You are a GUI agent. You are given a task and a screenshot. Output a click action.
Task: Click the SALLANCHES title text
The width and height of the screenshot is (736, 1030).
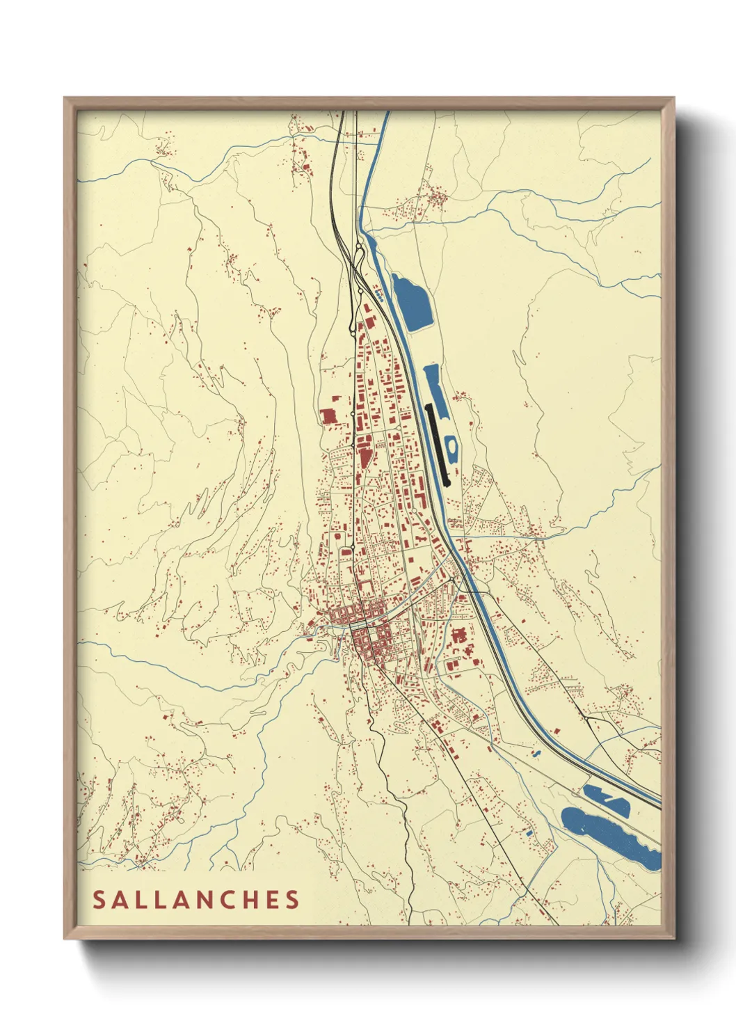[196, 899]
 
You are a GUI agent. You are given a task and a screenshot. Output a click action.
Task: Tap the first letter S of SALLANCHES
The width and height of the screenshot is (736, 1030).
[99, 899]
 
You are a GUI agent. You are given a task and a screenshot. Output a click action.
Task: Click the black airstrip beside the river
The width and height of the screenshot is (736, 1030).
[438, 444]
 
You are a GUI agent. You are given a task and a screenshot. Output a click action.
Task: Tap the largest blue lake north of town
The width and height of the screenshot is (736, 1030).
[412, 303]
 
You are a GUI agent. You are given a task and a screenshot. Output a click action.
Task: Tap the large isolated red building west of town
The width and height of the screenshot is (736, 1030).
[328, 416]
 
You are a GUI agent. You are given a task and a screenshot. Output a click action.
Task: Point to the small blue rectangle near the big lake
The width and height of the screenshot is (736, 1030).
[529, 832]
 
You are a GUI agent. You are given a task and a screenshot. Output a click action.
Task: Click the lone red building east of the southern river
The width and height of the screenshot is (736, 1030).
[556, 730]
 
